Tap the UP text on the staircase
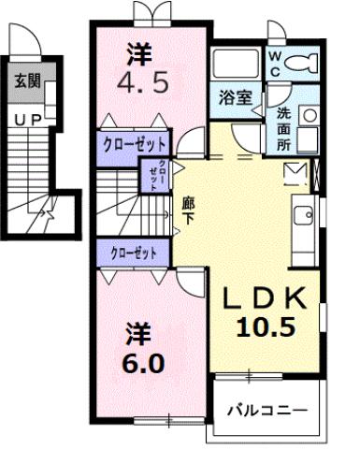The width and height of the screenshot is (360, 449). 25,119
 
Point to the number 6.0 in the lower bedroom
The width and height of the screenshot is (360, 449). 137,359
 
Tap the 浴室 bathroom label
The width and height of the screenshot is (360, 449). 233,97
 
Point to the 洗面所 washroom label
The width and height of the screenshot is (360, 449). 283,130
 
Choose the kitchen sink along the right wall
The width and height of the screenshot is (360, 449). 305,218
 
